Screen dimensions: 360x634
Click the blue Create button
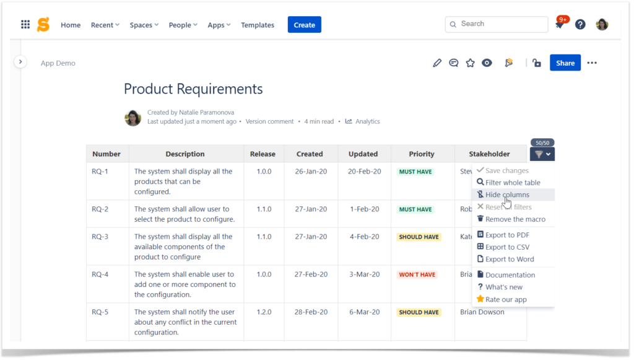[x=304, y=25]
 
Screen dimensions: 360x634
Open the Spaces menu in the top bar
[x=144, y=25]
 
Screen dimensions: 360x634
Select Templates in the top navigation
[x=258, y=25]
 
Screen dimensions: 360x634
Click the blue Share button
[x=565, y=63]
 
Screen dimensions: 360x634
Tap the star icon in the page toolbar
[x=471, y=63]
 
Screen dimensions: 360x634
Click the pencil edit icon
[x=437, y=63]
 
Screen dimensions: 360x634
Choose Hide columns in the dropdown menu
[x=507, y=195]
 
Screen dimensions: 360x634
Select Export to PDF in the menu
[x=507, y=235]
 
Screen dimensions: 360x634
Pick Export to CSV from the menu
[x=507, y=247]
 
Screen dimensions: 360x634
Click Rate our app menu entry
[x=506, y=299]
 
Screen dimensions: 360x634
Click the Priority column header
[x=422, y=154]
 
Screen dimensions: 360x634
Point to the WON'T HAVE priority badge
[x=417, y=274]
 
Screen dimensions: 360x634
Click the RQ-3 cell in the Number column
[x=100, y=237]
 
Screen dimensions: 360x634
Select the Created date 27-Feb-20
[x=310, y=274]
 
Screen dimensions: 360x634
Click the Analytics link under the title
[x=367, y=121]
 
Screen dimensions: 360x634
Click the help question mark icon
[x=580, y=24]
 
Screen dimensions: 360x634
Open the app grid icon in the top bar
[x=25, y=25]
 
